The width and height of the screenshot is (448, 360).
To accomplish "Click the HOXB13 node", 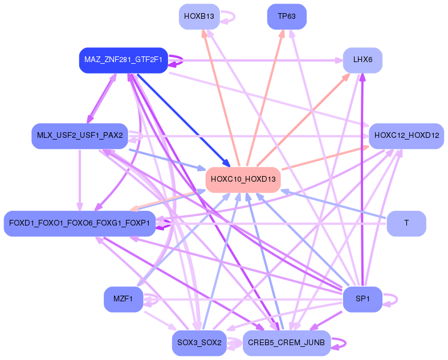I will (x=198, y=17).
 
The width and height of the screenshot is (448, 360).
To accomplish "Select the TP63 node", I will (x=287, y=17).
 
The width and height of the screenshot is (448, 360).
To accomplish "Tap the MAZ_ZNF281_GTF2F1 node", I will (x=123, y=60).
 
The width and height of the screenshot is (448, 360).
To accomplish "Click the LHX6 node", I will (x=363, y=60).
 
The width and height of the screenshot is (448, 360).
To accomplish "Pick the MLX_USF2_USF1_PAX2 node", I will (x=80, y=136).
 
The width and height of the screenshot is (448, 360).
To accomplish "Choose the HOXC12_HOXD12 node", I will (x=406, y=136).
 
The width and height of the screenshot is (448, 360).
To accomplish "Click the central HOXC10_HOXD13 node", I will (x=243, y=179).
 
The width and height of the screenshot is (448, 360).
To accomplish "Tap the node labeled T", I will (x=406, y=223).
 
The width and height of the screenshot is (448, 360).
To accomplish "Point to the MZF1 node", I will (x=123, y=299).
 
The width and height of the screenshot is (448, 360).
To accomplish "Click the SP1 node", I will (x=363, y=299).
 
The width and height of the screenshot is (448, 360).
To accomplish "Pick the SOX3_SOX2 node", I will (x=198, y=343).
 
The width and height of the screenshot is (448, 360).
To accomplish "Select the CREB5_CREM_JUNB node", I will (x=287, y=343).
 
